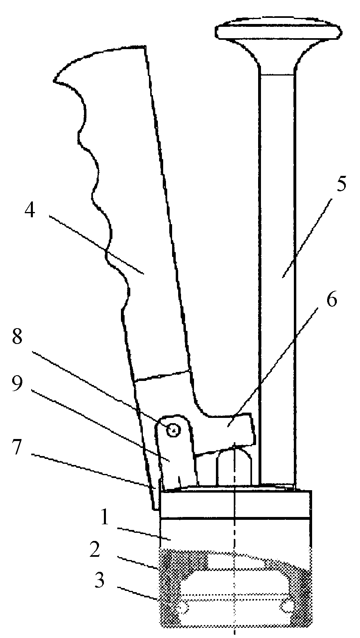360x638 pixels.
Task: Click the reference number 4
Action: click(30, 211)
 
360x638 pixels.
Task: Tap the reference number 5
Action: click(341, 183)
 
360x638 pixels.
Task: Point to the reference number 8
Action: click(17, 337)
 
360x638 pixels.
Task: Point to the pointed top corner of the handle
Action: click(145, 46)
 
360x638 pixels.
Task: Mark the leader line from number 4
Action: click(96, 245)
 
